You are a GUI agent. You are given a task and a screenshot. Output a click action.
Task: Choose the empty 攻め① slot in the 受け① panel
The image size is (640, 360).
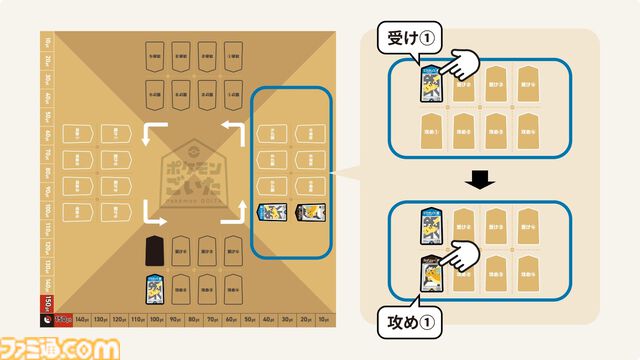[x=431, y=129]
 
